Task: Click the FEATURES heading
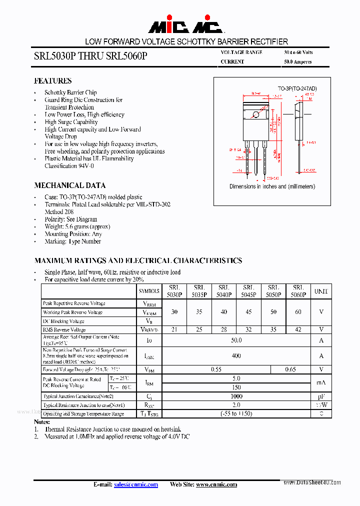[x=52, y=80]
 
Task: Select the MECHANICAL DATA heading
[x=69, y=185]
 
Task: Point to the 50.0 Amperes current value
[x=297, y=61]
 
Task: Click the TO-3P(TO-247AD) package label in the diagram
[x=297, y=88]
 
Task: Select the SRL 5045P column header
[x=248, y=291]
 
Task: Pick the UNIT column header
[x=321, y=291]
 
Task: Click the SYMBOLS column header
[x=149, y=291]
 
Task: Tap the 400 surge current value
[x=236, y=356]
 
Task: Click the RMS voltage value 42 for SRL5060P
[x=298, y=329]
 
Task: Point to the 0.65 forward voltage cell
[x=290, y=369]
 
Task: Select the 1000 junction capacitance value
[x=236, y=396]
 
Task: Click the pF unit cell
[x=321, y=396]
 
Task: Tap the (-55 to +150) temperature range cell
[x=236, y=413]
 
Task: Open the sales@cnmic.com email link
[x=135, y=484]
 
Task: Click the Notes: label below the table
[x=42, y=422]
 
